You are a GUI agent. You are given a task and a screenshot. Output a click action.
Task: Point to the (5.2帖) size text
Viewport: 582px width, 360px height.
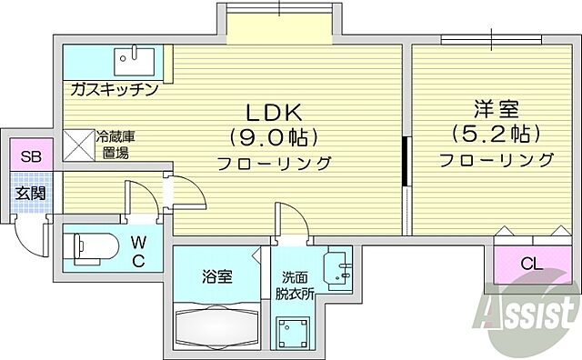[497, 134]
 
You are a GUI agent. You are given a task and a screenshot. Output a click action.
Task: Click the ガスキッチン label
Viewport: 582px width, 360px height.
[112, 89]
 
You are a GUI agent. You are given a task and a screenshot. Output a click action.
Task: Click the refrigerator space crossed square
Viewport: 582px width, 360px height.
[78, 144]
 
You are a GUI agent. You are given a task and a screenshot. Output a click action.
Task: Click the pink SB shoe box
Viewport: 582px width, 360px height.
[31, 156]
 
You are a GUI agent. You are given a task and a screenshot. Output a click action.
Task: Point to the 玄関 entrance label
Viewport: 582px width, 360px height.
[31, 193]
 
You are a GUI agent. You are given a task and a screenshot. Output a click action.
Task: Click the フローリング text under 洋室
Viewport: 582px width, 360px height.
[497, 160]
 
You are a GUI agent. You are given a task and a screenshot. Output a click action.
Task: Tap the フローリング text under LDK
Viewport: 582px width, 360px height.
[273, 164]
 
